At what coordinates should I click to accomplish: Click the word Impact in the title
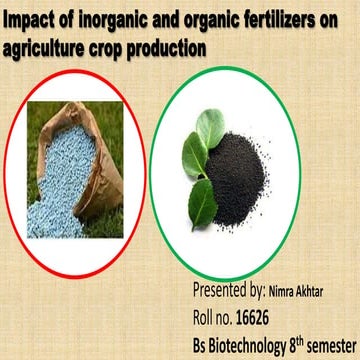coord(29,21)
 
